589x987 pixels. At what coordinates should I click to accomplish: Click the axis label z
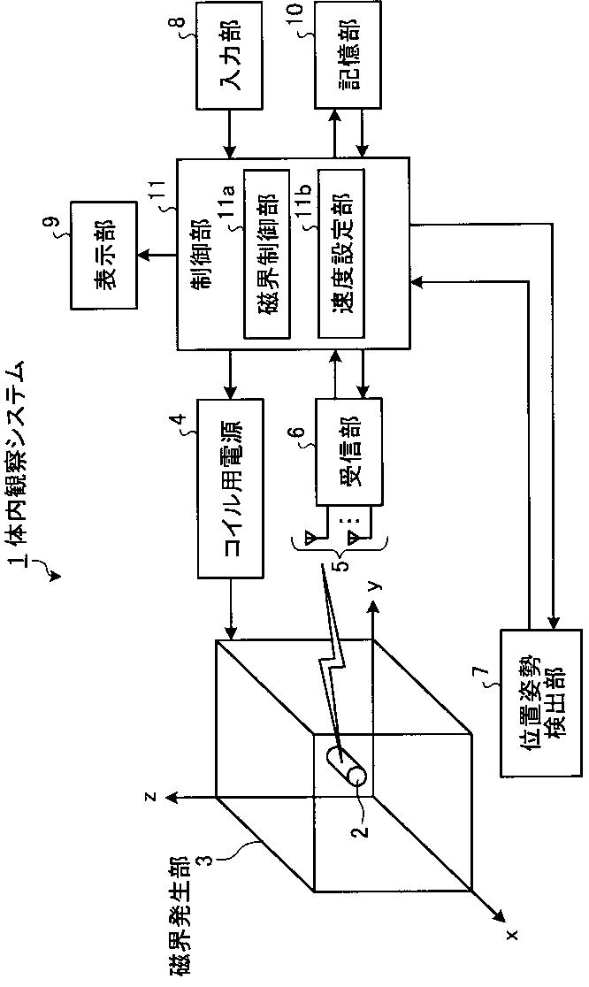pyautogui.click(x=151, y=796)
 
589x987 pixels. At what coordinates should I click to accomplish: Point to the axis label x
pyautogui.click(x=511, y=932)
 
